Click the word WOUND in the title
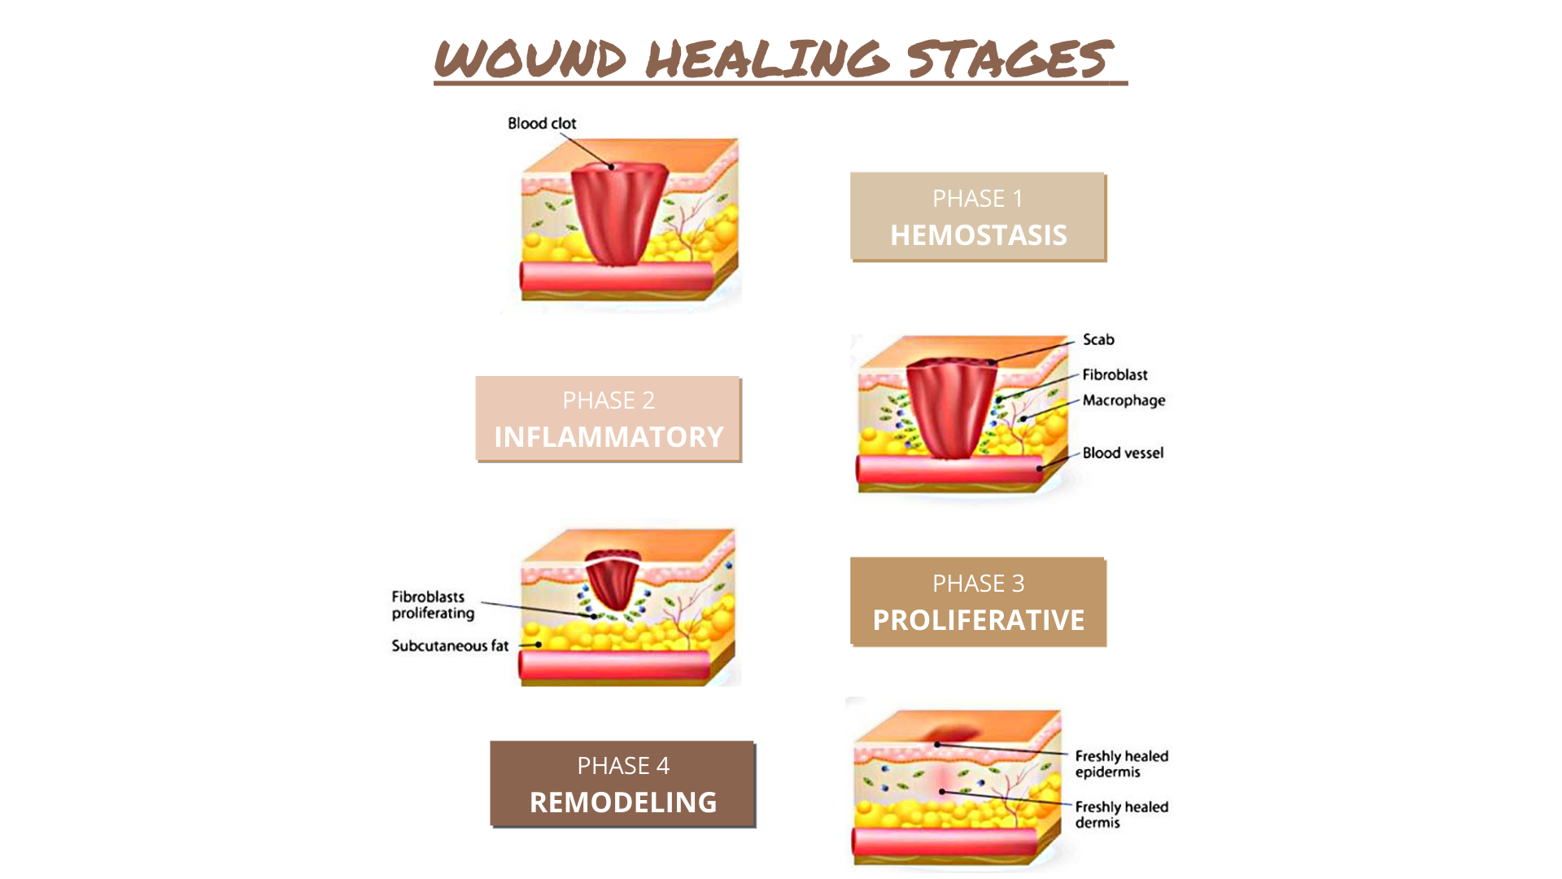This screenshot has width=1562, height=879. [x=530, y=59]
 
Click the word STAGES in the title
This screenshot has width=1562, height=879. [x=1010, y=59]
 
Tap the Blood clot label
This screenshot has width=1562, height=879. [x=542, y=124]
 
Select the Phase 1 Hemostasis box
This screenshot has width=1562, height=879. [x=978, y=216]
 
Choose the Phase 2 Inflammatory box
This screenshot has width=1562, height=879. [x=609, y=419]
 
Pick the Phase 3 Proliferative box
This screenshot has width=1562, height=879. [x=978, y=602]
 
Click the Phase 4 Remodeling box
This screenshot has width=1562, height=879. [x=623, y=785]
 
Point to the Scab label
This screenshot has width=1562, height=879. [x=1098, y=340]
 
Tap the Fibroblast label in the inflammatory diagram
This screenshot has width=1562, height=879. [x=1115, y=375]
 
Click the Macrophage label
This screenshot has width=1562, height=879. [x=1124, y=400]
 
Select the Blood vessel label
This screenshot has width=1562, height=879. [x=1123, y=453]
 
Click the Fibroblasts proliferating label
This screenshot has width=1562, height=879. [x=433, y=605]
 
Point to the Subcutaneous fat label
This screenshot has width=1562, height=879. [x=450, y=646]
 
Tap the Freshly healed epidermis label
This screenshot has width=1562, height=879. [x=1121, y=764]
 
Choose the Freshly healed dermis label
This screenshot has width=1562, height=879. [x=1121, y=815]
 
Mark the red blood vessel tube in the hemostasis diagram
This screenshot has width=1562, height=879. [x=617, y=277]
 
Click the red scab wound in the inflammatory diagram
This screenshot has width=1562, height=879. [x=952, y=408]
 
